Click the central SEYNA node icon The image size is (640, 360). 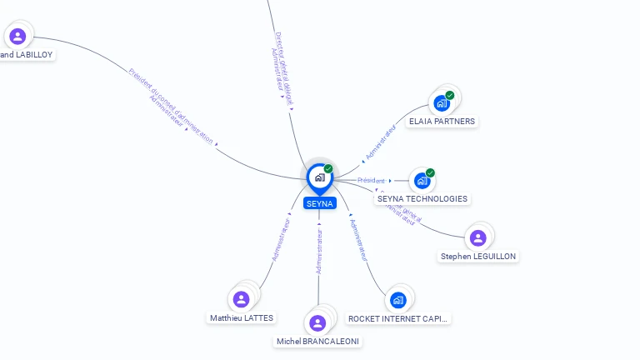click(x=319, y=177)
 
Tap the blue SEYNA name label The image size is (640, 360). click(x=319, y=203)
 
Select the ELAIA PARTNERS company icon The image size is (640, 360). click(x=442, y=103)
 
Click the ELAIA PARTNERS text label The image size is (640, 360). click(x=442, y=122)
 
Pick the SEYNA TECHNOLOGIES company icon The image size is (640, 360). click(x=422, y=180)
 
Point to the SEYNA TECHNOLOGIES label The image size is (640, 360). click(x=422, y=199)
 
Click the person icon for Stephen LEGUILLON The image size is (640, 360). click(x=478, y=238)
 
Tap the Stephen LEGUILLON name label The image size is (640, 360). click(x=478, y=257)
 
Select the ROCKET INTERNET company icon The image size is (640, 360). click(x=398, y=300)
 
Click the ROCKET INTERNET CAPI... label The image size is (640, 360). click(x=398, y=318)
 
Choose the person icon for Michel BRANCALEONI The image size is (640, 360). click(x=317, y=322)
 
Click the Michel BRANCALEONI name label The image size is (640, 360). click(x=319, y=342)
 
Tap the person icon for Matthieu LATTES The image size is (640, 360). click(x=242, y=299)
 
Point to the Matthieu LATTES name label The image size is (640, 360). click(x=242, y=318)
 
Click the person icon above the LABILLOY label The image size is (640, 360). click(x=17, y=36)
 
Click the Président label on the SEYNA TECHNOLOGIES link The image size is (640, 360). click(x=371, y=180)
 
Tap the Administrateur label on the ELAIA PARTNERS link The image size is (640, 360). click(x=380, y=142)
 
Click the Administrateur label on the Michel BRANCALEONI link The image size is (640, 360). click(x=319, y=251)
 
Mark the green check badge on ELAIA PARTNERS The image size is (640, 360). click(x=450, y=95)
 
